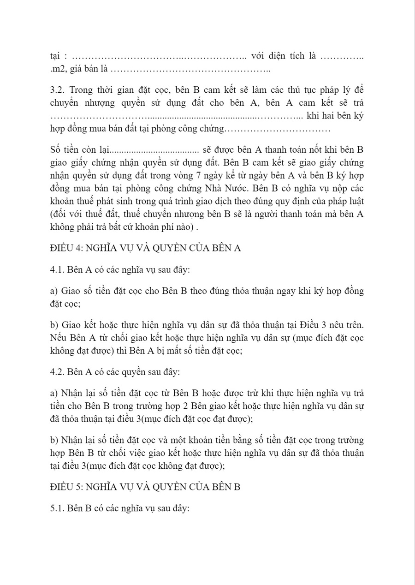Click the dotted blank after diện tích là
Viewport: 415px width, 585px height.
(x=341, y=57)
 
